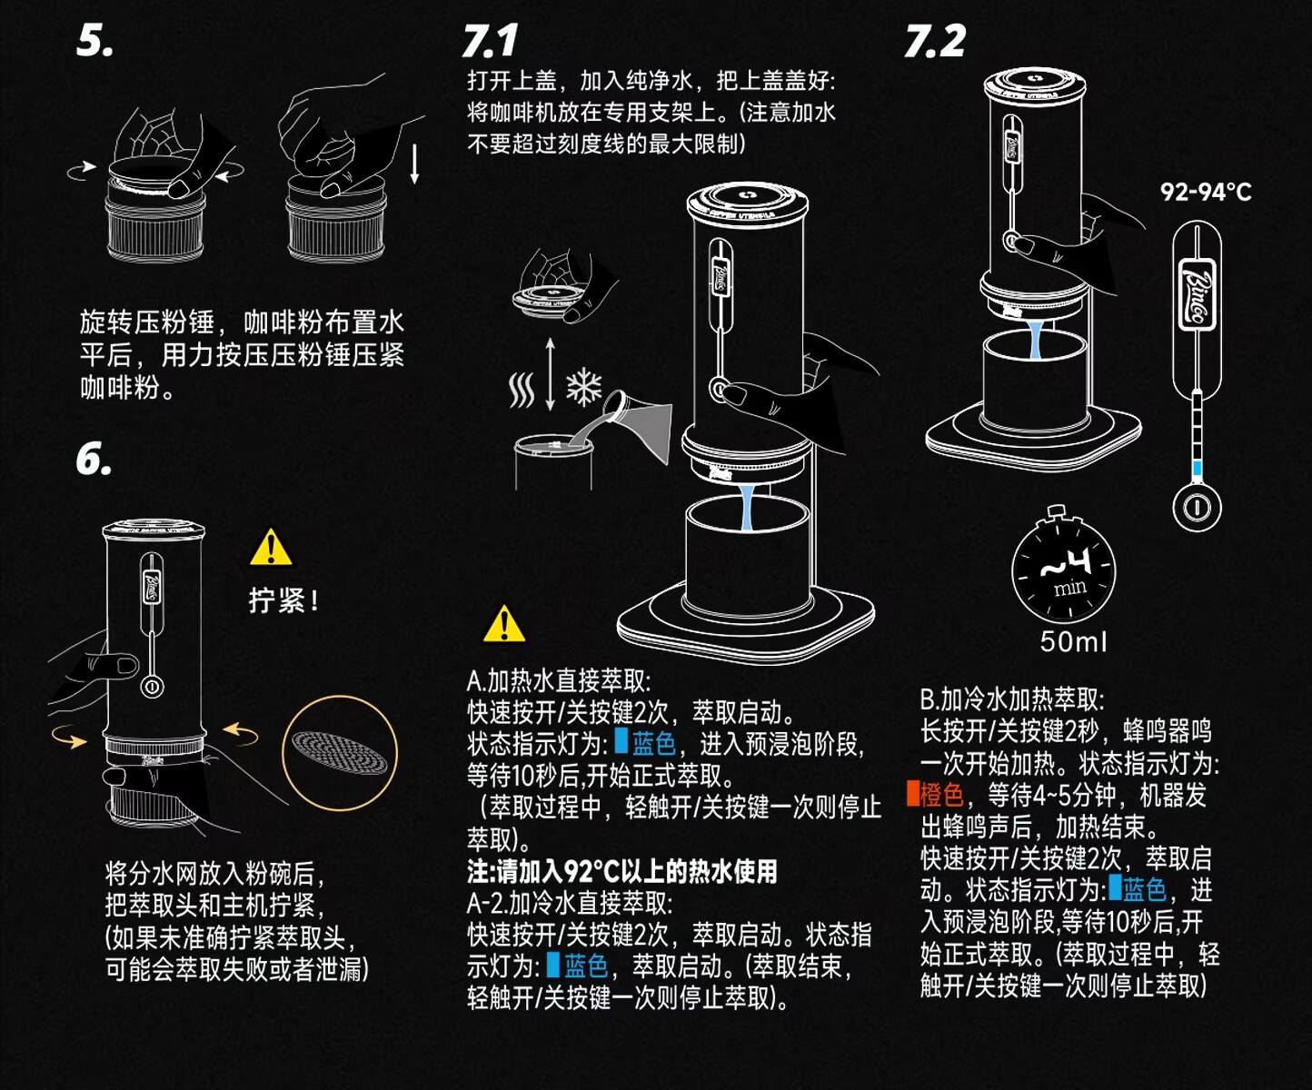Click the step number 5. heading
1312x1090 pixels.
click(x=95, y=41)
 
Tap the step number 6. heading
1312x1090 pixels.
click(x=94, y=461)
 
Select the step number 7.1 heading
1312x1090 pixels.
click(x=490, y=41)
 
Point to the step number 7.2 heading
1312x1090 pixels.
click(x=935, y=41)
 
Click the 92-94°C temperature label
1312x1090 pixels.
click(x=1206, y=192)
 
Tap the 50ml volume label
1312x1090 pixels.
click(x=1074, y=642)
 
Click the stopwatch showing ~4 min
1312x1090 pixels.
click(x=1063, y=570)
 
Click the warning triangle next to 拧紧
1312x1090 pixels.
click(x=271, y=547)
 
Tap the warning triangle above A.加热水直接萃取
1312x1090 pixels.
click(x=504, y=624)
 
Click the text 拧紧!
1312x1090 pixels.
click(x=283, y=600)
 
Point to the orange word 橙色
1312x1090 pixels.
click(x=940, y=796)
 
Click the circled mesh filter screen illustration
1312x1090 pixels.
click(x=341, y=752)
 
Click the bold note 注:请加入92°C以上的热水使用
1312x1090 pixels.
click(x=622, y=872)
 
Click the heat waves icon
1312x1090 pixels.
click(x=522, y=391)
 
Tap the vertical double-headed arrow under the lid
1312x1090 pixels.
click(x=550, y=374)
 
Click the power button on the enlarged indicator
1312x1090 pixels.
click(x=1197, y=506)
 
